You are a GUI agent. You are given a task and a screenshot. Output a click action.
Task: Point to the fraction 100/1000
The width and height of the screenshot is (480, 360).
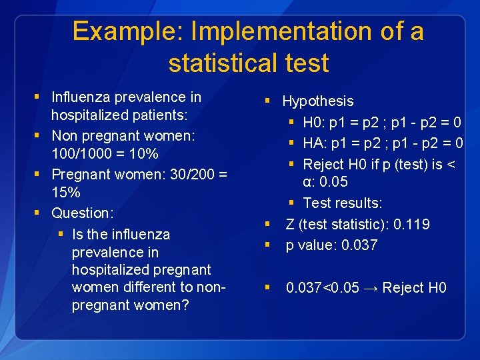pyautogui.click(x=81, y=154)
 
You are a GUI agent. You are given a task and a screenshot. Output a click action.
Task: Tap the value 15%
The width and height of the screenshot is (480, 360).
pyautogui.click(x=66, y=193)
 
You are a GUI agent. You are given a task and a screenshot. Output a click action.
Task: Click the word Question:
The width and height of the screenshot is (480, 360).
pyautogui.click(x=83, y=213)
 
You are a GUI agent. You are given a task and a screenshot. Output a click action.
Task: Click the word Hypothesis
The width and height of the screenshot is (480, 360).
pyautogui.click(x=318, y=101)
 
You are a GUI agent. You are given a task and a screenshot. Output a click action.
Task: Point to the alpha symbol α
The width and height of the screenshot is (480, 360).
pyautogui.click(x=307, y=182)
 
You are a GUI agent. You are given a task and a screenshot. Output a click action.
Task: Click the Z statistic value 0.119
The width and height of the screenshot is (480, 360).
pyautogui.click(x=411, y=225)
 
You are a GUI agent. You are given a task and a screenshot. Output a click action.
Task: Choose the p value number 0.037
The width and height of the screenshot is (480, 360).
pyautogui.click(x=359, y=245)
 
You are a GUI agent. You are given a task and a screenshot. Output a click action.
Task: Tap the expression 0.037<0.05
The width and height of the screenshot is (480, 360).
pyautogui.click(x=323, y=288)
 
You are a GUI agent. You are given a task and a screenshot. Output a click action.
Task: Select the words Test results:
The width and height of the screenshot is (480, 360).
pyautogui.click(x=343, y=203)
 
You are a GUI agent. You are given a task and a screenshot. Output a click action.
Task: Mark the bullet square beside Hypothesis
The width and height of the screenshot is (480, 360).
pyautogui.click(x=267, y=101)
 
